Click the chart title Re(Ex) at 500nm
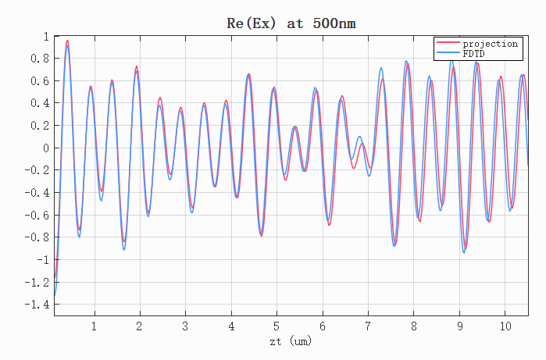coord(291,23)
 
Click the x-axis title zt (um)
coord(291,340)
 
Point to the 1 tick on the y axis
coord(46,36)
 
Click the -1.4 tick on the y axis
coord(37,305)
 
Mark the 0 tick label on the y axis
coord(46,148)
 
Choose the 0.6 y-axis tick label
coord(40,80)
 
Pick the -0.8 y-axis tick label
coord(37,237)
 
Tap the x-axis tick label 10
coord(505,326)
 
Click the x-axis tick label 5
coord(277,326)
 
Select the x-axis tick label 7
coord(368,326)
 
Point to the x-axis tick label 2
coord(139,326)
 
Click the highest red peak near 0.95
coord(67,41)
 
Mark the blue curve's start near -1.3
coord(55,295)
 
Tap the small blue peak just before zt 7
coord(359,137)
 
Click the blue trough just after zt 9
coord(464,252)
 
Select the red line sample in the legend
coord(448,42)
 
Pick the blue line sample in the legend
coord(448,52)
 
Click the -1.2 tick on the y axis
coord(37,283)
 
